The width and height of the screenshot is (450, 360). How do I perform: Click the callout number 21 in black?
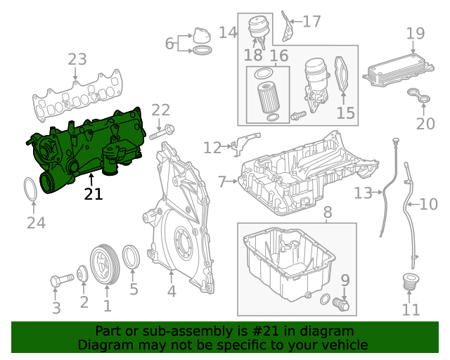[93, 193]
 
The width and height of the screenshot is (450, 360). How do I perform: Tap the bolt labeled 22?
[162, 130]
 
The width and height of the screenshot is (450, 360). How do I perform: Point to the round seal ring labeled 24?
[31, 190]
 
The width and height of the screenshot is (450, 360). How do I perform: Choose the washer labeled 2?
[83, 274]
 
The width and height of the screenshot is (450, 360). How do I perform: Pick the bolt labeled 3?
[57, 281]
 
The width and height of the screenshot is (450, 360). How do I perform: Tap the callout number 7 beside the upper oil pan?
[222, 182]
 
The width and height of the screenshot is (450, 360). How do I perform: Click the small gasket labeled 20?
[420, 99]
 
